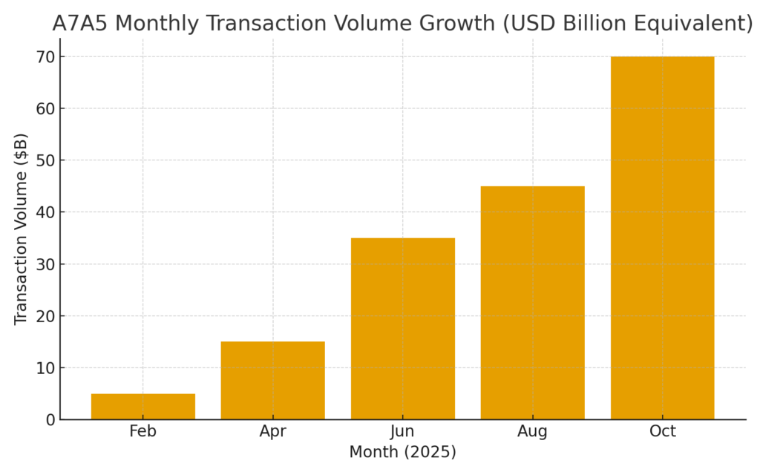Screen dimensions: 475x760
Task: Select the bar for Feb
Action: (x=142, y=407)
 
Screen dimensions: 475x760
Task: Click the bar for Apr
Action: (x=272, y=381)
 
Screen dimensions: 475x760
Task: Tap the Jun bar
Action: (x=402, y=329)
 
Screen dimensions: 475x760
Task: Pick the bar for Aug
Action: (x=532, y=303)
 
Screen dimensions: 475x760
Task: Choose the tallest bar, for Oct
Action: (x=662, y=237)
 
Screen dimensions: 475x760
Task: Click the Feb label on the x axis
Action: (x=142, y=432)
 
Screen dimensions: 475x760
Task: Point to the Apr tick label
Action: (x=272, y=432)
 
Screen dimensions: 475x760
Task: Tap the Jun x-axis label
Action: (x=402, y=432)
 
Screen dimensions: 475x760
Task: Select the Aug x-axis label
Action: (x=532, y=432)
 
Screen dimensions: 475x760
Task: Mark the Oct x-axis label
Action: (x=662, y=432)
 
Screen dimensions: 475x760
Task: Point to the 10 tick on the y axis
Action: (x=46, y=368)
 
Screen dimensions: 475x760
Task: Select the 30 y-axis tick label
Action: (x=46, y=264)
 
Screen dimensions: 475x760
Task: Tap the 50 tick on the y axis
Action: (x=46, y=160)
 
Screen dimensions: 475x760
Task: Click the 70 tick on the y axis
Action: (x=46, y=57)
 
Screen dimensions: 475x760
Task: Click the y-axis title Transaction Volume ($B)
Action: (x=21, y=229)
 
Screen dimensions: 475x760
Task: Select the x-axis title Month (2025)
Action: (x=402, y=452)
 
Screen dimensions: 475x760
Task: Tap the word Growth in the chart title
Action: (x=452, y=24)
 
